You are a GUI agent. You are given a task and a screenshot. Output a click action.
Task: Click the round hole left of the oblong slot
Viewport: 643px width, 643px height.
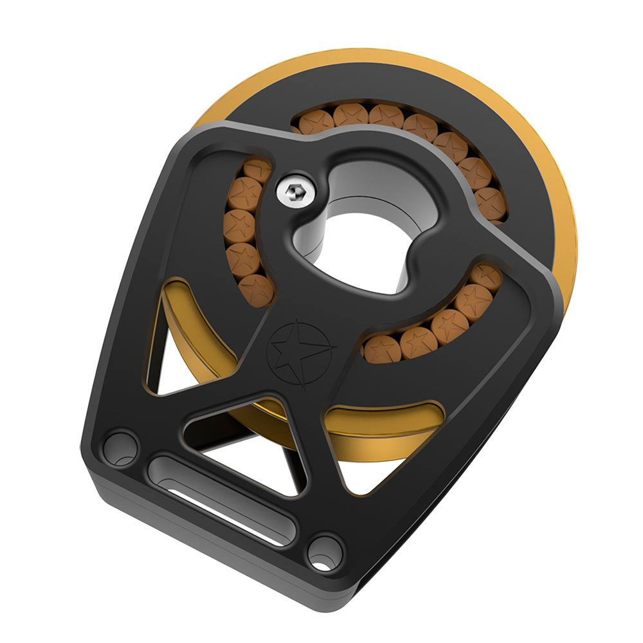point(121,448)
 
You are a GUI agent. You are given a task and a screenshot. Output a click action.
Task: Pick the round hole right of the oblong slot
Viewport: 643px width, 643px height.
point(325,552)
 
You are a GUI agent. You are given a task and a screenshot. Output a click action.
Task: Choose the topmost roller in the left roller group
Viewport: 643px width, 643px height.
point(257,170)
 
